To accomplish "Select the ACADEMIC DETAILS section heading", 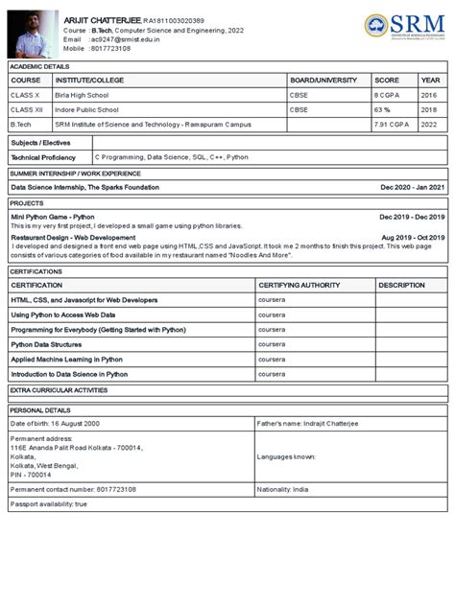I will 39,66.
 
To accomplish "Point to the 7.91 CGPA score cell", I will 393,125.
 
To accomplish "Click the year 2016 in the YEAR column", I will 428,96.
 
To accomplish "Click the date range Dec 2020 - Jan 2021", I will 412,187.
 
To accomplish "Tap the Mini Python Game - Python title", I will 53,218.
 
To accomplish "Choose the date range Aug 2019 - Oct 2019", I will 413,237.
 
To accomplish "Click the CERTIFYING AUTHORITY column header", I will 298,285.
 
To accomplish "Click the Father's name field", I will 305,423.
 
